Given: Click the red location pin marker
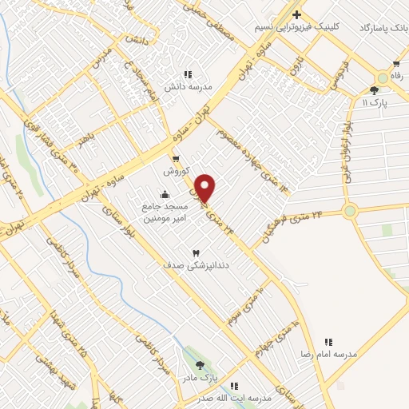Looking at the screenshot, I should point(205,189).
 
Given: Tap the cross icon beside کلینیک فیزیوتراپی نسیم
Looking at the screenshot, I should point(297,14).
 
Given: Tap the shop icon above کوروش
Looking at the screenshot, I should point(175,159).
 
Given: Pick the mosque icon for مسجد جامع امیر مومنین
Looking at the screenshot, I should point(165,193).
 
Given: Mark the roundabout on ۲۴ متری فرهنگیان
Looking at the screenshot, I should point(349,212).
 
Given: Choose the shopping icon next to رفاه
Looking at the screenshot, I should point(395,63).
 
